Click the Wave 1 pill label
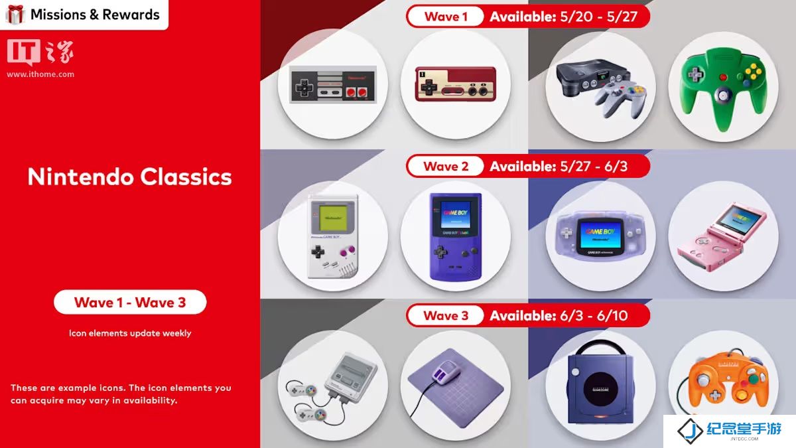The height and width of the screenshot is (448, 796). (x=446, y=17)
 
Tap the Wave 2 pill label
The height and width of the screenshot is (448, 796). (x=446, y=166)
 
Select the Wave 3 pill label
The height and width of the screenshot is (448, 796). (x=446, y=315)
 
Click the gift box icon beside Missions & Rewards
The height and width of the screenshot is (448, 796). (x=15, y=15)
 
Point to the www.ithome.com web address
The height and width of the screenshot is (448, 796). (x=40, y=74)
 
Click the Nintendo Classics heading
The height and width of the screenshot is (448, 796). (x=130, y=177)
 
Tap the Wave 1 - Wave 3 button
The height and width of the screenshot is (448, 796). (x=130, y=302)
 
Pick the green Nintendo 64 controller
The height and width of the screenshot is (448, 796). (x=724, y=89)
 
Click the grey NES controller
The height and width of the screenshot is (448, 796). (x=333, y=85)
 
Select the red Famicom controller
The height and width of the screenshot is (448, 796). (x=456, y=84)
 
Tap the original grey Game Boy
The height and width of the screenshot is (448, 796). (x=333, y=236)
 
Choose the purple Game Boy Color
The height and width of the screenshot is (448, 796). (x=456, y=236)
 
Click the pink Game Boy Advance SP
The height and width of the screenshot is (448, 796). (x=722, y=236)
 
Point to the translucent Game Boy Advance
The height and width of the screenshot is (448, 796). (x=600, y=236)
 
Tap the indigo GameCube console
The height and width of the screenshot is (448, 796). (x=600, y=386)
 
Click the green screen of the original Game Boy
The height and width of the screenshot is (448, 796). (x=333, y=218)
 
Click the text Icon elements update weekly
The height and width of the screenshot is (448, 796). (x=130, y=333)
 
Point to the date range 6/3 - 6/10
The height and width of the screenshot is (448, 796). (x=594, y=316)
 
